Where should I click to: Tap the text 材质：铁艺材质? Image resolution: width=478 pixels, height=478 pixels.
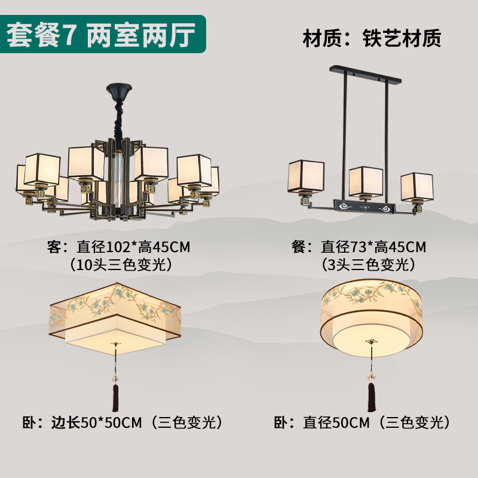point(372,38)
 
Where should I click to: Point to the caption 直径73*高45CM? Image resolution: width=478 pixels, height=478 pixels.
point(373,247)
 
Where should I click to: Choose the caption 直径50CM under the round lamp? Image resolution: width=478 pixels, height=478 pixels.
point(336,423)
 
